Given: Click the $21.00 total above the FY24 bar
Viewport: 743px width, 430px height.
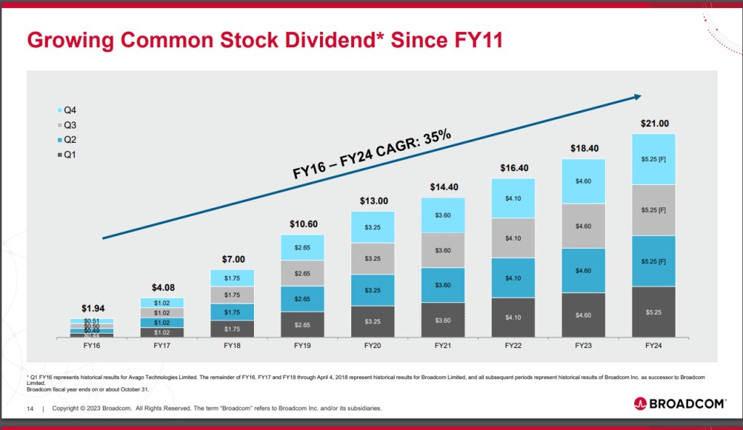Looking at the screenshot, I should pyautogui.click(x=654, y=123).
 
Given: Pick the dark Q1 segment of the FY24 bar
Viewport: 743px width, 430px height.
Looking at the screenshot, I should pyautogui.click(x=654, y=312).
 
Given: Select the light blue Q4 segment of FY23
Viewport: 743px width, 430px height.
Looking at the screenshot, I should pyautogui.click(x=583, y=181).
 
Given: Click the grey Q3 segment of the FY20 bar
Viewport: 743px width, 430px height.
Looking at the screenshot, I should pyautogui.click(x=373, y=259).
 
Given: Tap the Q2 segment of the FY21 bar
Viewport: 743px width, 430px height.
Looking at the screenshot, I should pyautogui.click(x=443, y=285).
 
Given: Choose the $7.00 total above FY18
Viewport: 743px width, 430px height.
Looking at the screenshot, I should pyautogui.click(x=233, y=259).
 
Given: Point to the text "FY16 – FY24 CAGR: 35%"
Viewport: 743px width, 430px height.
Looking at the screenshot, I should pyautogui.click(x=372, y=154).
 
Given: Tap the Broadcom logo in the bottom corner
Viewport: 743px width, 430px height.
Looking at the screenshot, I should pyautogui.click(x=679, y=403).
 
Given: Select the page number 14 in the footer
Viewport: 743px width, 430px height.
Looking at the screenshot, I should pyautogui.click(x=30, y=409).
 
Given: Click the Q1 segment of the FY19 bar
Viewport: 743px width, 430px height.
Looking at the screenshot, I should pyautogui.click(x=303, y=325).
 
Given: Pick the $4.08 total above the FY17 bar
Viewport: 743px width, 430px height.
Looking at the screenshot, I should pyautogui.click(x=163, y=288).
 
